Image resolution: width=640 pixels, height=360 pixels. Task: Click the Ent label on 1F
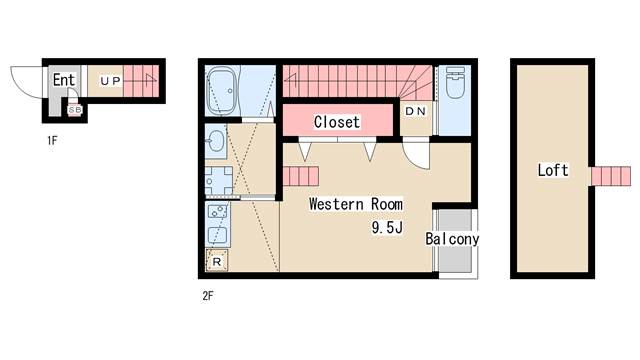[64, 80]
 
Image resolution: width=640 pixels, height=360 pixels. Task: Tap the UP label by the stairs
[111, 81]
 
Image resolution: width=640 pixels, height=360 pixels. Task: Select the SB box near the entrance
[75, 110]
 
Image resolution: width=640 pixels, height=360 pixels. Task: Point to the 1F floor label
[52, 141]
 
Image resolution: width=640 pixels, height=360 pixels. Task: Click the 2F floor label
[208, 296]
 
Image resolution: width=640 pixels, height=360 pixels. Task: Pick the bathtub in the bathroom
[222, 91]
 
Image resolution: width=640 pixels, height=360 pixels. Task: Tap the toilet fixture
[454, 84]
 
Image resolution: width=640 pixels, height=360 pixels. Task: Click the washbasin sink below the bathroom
[215, 141]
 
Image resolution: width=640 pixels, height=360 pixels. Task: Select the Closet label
[337, 122]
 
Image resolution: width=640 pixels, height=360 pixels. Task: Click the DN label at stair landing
[416, 111]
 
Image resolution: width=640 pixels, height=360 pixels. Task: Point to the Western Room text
[356, 204]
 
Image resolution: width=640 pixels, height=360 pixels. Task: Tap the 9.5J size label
[387, 227]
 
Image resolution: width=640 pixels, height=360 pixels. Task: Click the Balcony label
[452, 239]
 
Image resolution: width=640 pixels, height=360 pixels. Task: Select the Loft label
[553, 170]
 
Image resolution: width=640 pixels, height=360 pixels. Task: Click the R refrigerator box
[217, 261]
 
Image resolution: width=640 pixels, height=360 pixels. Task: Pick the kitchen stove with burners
[218, 211]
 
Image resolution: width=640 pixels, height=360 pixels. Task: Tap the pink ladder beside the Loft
[611, 176]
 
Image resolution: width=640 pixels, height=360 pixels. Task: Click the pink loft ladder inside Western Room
[301, 176]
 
